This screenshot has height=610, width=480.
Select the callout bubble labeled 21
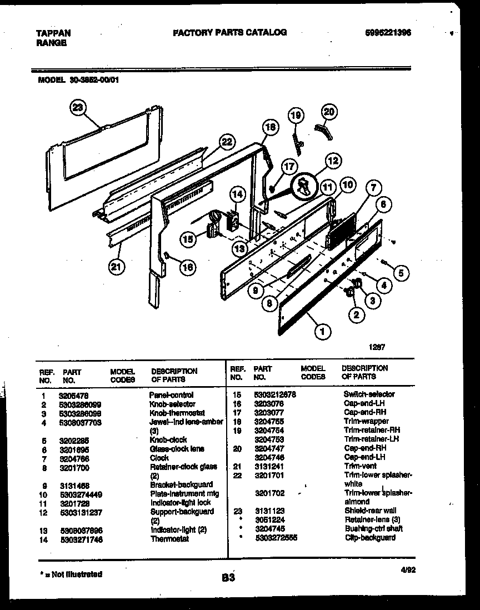(x=115, y=268)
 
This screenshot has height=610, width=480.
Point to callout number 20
(x=329, y=112)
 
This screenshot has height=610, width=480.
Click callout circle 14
(x=237, y=194)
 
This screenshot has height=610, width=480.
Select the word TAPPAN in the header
(x=53, y=33)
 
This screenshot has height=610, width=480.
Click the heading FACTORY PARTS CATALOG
(x=230, y=33)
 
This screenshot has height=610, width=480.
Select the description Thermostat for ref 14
(x=169, y=538)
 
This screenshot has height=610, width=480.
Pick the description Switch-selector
(x=369, y=394)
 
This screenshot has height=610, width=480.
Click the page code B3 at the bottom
(x=228, y=578)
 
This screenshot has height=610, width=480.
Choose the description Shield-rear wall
(x=370, y=511)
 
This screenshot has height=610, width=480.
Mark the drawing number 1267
(x=378, y=347)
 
